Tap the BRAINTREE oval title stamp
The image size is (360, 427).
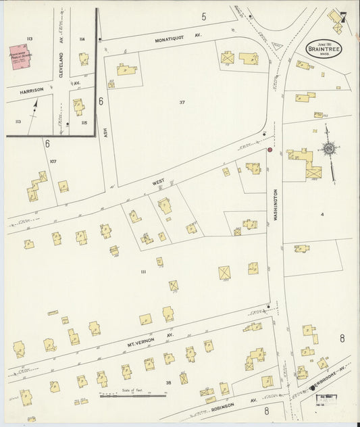[x=324, y=47]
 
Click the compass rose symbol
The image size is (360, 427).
[x=328, y=149]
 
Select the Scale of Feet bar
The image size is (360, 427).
[x=124, y=395]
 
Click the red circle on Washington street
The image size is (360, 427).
[x=269, y=150]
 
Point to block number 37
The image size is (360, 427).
[x=182, y=102]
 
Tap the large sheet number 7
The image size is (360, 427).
[x=343, y=18]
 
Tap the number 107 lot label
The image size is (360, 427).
[x=53, y=161]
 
